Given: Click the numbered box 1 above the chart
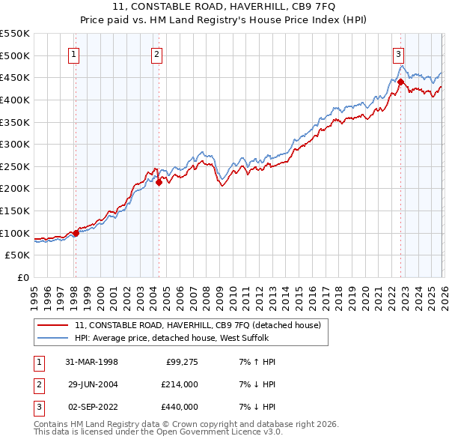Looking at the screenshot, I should [x=75, y=54].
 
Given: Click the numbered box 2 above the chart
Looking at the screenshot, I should [x=157, y=54].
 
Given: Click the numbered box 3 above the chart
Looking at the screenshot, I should [x=399, y=54].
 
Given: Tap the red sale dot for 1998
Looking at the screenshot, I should [x=76, y=233].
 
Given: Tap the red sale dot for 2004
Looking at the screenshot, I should [x=159, y=181].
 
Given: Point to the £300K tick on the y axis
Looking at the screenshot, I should [x=16, y=144].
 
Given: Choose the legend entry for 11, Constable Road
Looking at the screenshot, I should [x=198, y=325].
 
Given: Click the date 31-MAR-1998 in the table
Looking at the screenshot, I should [x=91, y=362].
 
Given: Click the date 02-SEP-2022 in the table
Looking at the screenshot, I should [x=91, y=407].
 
